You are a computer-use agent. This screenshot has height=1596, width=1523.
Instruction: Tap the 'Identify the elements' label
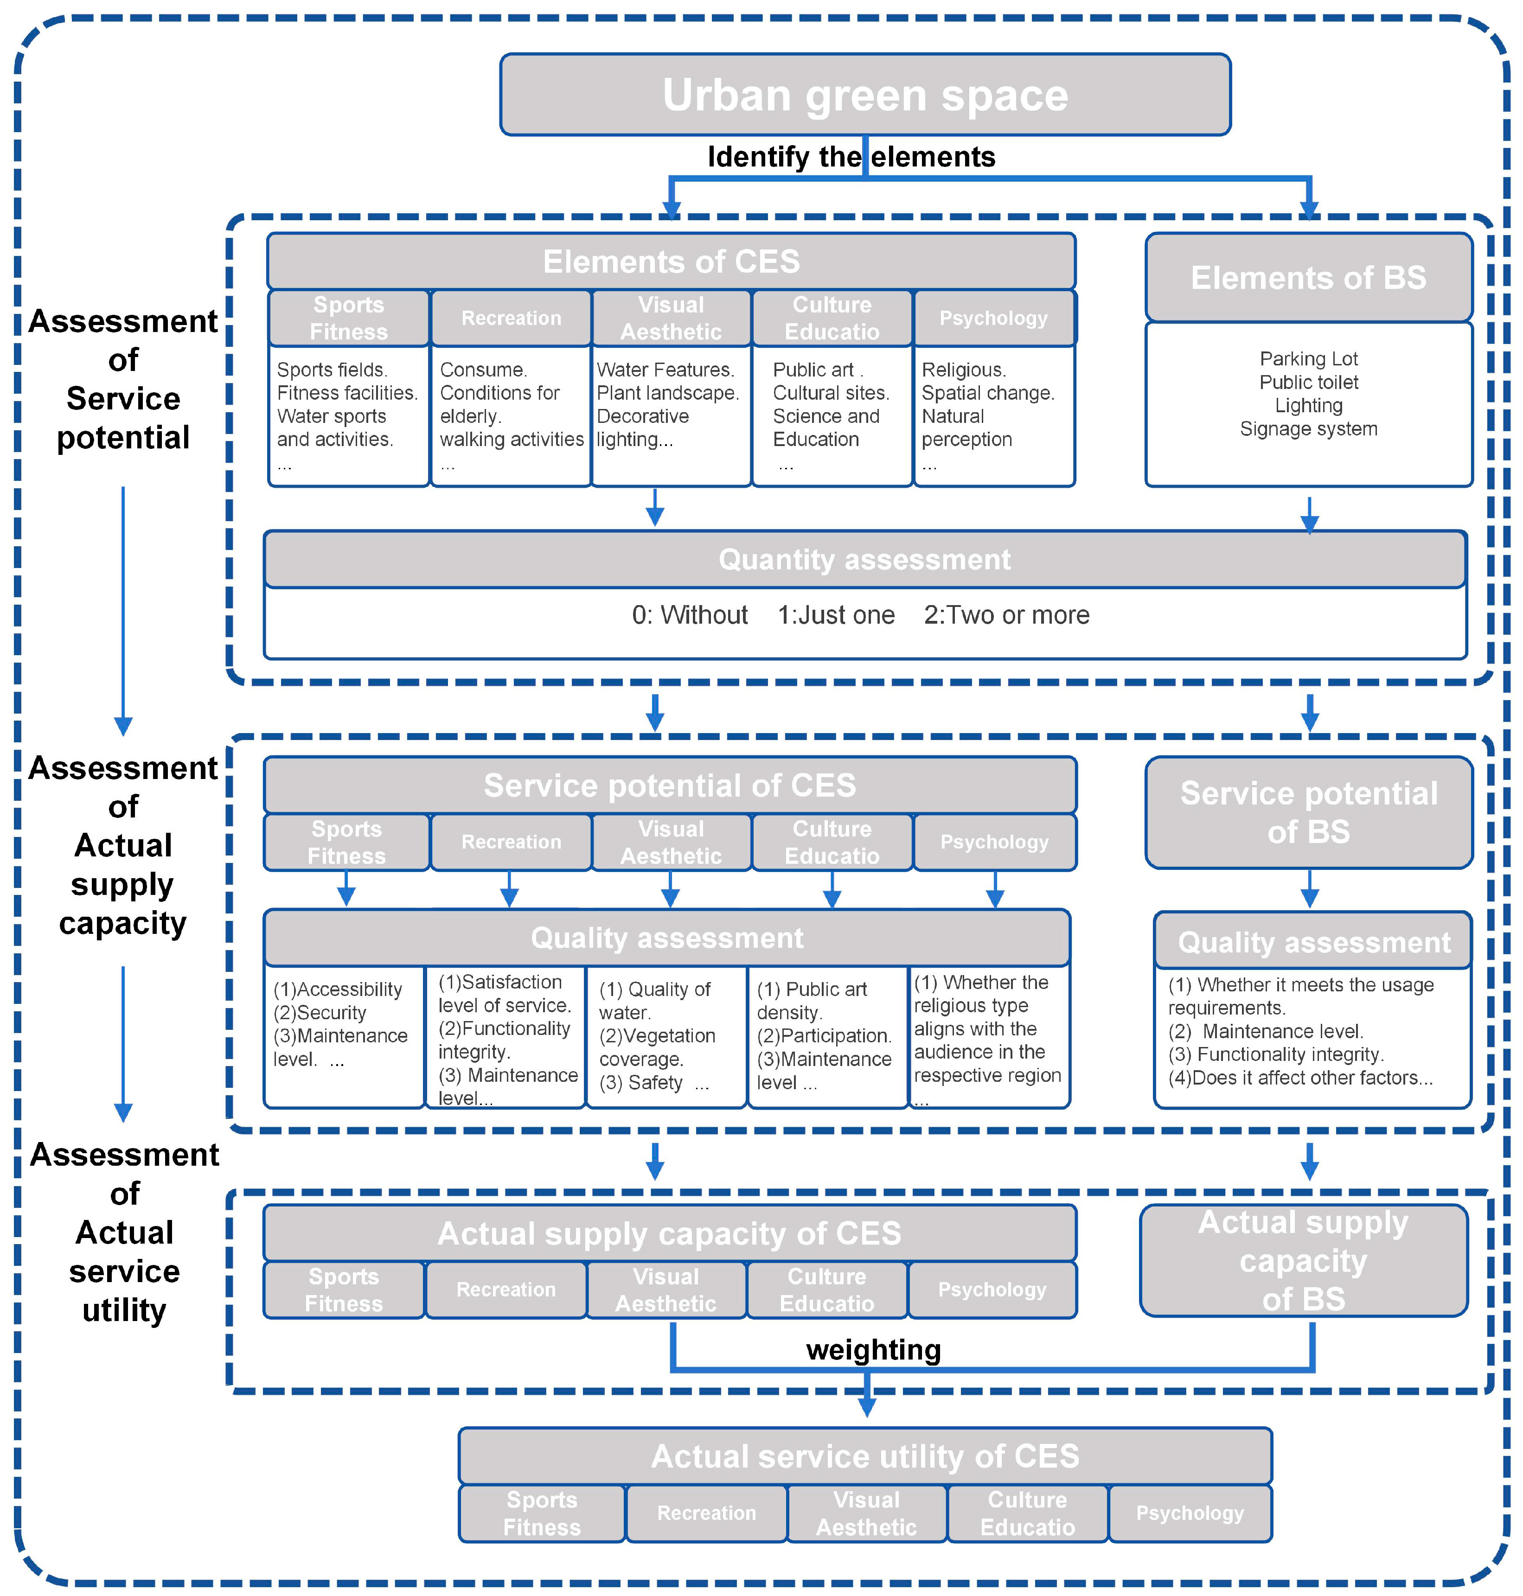pyautogui.click(x=851, y=157)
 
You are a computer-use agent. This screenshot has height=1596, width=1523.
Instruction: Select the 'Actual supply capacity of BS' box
pyautogui.click(x=1303, y=1260)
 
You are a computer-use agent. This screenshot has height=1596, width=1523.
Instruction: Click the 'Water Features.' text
pyautogui.click(x=665, y=370)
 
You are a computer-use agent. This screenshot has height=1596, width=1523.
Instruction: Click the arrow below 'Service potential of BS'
pyautogui.click(x=1309, y=889)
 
